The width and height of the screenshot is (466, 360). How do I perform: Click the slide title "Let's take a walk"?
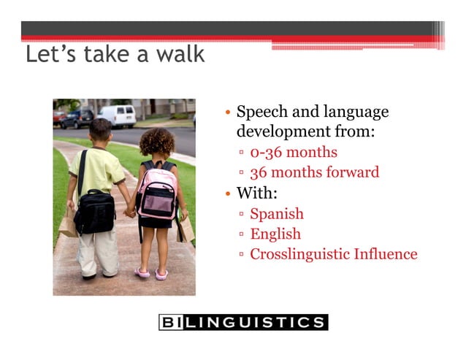(115, 55)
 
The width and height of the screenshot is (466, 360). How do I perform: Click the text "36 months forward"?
(314, 173)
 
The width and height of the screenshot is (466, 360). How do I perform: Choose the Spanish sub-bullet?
(276, 214)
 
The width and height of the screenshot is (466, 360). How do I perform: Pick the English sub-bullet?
(275, 234)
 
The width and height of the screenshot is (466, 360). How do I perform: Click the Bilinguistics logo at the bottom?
(242, 322)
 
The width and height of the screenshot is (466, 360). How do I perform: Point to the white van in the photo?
(117, 115)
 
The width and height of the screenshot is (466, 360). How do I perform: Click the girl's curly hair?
(156, 142)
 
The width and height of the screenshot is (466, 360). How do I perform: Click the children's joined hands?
(130, 212)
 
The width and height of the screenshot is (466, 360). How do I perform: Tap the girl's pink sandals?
(151, 273)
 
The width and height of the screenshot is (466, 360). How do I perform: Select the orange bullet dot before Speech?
(229, 113)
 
